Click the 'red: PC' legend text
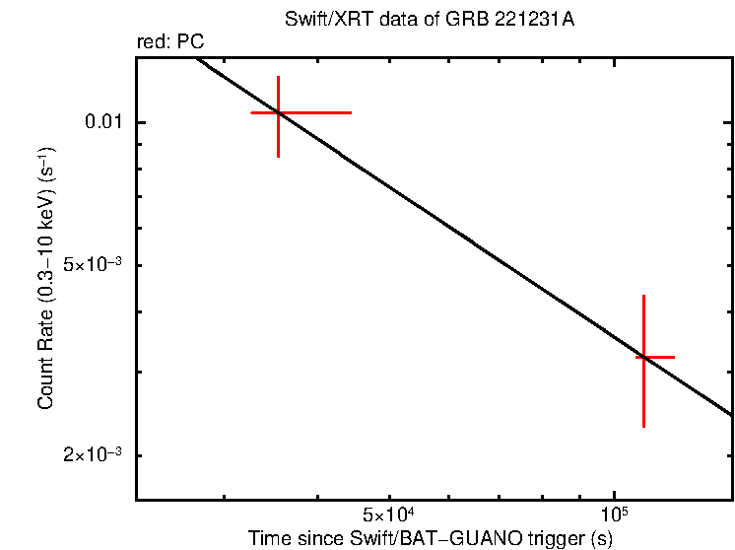point(170,42)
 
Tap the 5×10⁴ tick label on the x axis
point(392,515)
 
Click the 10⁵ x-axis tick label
point(614,515)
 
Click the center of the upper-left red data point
point(279,113)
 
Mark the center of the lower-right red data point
point(643,357)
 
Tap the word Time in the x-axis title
point(268,538)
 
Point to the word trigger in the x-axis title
point(556,538)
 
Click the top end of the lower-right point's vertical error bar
point(643,295)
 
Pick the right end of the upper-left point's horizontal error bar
point(352,113)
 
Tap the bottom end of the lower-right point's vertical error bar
point(643,427)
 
